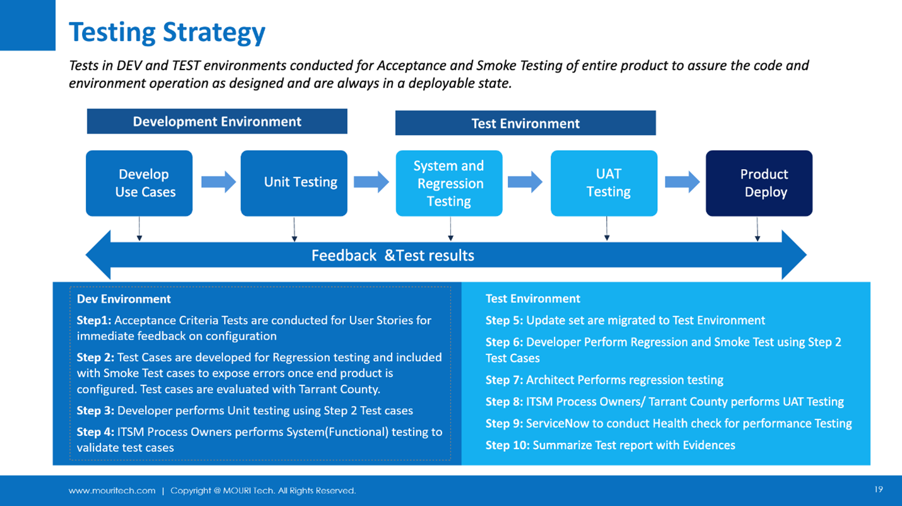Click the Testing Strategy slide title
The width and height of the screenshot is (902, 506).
click(167, 32)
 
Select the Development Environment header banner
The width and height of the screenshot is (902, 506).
click(217, 121)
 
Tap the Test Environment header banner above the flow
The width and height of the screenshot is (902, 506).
click(525, 123)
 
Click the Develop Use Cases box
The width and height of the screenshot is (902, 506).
click(139, 184)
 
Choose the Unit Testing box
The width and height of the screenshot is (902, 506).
click(294, 184)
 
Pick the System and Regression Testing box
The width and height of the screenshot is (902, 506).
click(449, 184)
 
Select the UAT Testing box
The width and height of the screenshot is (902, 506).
click(604, 184)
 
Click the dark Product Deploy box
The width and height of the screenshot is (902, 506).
click(759, 184)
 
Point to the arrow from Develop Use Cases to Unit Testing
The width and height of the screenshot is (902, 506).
click(219, 182)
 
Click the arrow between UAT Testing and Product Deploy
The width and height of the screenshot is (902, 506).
click(682, 182)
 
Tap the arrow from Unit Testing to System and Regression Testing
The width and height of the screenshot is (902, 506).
click(372, 182)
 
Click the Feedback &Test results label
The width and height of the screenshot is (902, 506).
click(392, 256)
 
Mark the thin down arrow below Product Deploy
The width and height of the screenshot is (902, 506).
click(758, 229)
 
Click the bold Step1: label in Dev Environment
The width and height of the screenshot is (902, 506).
click(94, 321)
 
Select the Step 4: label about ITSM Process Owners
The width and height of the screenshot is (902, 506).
click(95, 432)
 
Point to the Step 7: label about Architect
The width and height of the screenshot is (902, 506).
click(504, 380)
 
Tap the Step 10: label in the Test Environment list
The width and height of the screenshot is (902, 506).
click(507, 445)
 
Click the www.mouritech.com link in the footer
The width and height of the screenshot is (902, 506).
click(112, 491)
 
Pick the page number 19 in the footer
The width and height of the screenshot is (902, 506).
click(879, 489)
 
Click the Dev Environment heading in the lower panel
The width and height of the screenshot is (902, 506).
click(124, 299)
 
